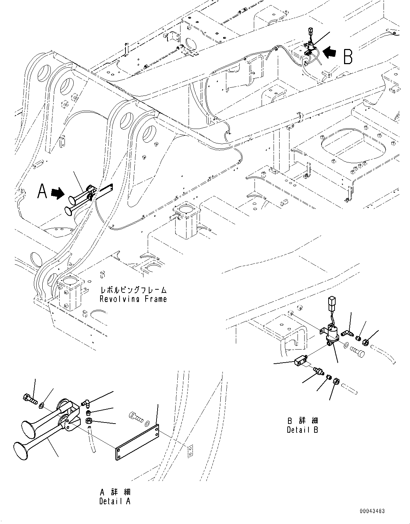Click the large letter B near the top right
pos(348,56)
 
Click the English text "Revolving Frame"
pos(133,299)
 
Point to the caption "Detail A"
pos(115,501)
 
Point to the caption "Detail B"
pos(302,430)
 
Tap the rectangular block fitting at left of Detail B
pos(300,361)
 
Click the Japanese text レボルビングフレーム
pos(133,290)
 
